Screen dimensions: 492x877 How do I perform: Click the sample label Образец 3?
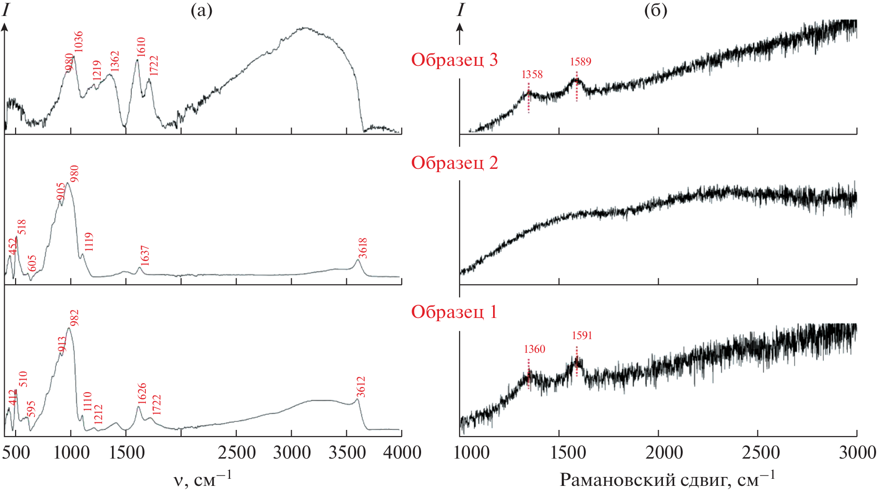(454, 60)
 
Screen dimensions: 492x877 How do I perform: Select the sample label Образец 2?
(454, 163)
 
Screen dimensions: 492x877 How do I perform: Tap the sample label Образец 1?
(454, 312)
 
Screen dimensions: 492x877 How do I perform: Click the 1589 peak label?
(581, 62)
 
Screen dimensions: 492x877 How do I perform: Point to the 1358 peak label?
(532, 74)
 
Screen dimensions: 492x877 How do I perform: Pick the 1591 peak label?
(582, 335)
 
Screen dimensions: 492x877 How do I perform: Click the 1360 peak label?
(534, 349)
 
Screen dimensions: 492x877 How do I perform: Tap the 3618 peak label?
(363, 248)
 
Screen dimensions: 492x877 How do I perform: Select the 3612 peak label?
(361, 387)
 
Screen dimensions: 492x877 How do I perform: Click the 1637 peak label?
(145, 255)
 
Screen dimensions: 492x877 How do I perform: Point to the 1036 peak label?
(78, 42)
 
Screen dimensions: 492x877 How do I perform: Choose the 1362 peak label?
(115, 62)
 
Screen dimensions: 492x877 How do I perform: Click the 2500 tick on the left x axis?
(237, 452)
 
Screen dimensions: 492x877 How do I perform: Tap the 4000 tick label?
(402, 452)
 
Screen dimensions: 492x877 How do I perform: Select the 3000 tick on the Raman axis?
(857, 452)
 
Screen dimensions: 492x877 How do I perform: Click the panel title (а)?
(201, 10)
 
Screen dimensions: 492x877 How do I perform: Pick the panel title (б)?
(655, 10)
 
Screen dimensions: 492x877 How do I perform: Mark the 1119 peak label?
(88, 242)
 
